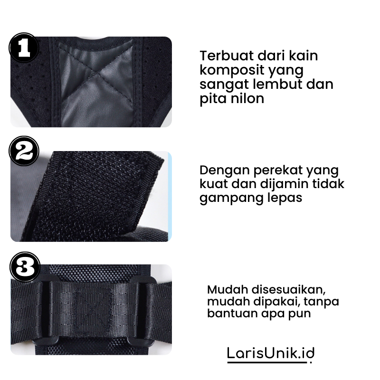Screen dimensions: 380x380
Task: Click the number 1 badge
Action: (x=24, y=47)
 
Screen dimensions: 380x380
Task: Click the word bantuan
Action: (x=228, y=313)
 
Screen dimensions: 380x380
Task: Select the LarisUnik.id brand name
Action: (x=271, y=353)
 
